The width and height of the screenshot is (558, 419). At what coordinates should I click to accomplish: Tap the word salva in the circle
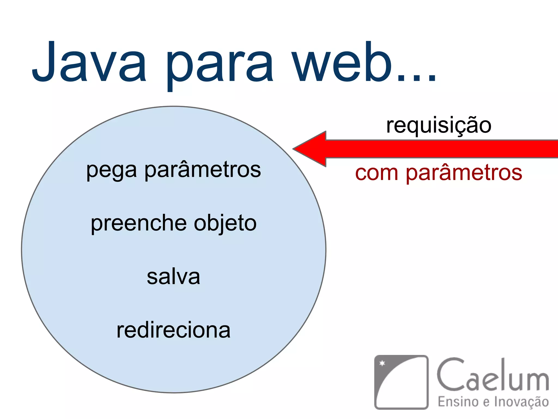pos(174,277)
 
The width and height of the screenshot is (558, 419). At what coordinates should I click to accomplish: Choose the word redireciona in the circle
pos(174,330)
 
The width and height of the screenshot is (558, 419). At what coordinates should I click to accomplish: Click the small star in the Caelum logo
pos(383,363)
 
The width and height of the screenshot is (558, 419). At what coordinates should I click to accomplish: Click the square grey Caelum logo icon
pos(401,382)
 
